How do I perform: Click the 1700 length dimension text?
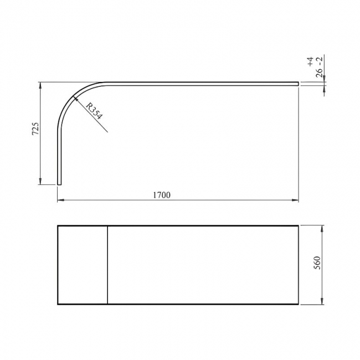click(161, 194)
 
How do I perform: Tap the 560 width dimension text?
click(317, 264)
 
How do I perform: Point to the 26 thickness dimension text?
click(320, 72)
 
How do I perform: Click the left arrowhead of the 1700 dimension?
click(60, 200)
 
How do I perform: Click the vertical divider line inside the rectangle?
click(107, 265)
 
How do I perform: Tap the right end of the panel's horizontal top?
click(297, 84)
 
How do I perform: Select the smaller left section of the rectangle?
click(83, 265)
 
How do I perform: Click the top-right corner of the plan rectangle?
click(298, 226)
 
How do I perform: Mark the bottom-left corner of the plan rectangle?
click(58, 304)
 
